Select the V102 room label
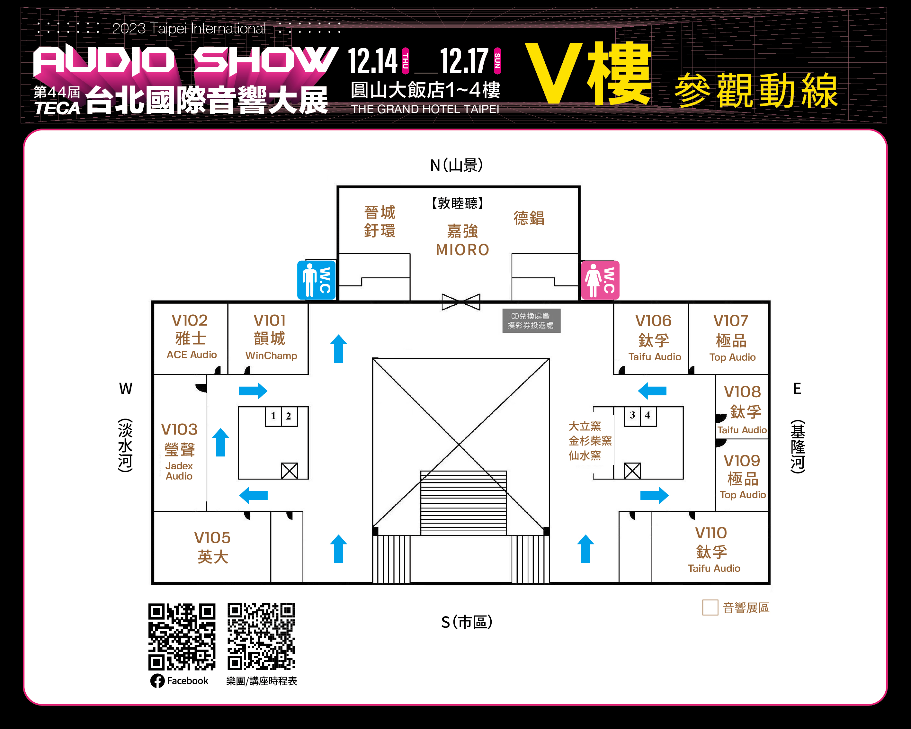coord(189,320)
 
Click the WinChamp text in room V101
coord(271,355)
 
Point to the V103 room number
coord(179,429)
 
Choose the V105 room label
coord(212,537)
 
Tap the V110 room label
coord(711,533)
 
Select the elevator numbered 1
coord(273,416)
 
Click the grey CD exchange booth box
coord(531,321)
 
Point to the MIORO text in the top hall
coord(463,250)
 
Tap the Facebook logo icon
coord(157,681)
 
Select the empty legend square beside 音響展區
coord(710,608)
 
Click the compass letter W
coord(126,388)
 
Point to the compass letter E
coord(797,388)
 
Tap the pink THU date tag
coord(405,61)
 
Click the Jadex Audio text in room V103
coord(179,471)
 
